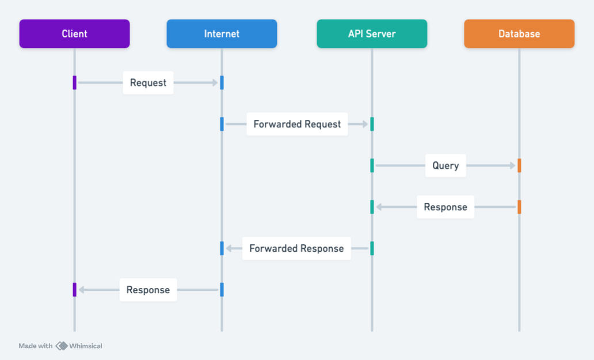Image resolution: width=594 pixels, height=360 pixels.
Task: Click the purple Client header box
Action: pos(75,34)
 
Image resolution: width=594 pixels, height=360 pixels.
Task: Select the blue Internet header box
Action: pos(222,34)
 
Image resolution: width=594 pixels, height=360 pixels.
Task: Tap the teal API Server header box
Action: pos(372,34)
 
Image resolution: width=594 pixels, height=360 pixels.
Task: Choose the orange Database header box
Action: pos(519,34)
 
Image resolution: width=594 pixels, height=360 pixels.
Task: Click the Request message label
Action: pos(148,82)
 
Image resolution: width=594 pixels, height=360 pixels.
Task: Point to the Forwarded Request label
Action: pos(297,124)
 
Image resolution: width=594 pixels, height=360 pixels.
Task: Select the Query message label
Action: pos(445,166)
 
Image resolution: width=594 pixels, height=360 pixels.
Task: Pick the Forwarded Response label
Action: pos(296,249)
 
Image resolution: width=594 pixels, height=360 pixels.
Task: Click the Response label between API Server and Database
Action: pos(445,207)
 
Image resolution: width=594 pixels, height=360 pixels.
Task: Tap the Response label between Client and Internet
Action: pos(148,290)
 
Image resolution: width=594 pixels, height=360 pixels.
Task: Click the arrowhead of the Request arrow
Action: pos(215,82)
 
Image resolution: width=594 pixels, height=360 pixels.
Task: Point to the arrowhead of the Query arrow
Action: pos(512,166)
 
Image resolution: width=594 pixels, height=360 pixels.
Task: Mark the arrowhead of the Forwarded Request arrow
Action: pos(365,124)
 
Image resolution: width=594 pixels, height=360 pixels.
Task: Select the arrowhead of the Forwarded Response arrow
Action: pos(229,249)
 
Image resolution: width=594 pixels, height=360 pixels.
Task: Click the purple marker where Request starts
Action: pos(75,82)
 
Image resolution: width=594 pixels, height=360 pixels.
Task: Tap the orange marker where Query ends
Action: pos(519,166)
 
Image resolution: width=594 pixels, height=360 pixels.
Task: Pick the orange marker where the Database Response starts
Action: pos(519,207)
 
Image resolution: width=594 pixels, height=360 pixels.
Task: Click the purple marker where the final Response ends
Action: pos(75,290)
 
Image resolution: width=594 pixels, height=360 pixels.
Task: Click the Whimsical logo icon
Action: pos(62,346)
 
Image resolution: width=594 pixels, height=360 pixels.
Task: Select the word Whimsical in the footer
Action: pos(86,346)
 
